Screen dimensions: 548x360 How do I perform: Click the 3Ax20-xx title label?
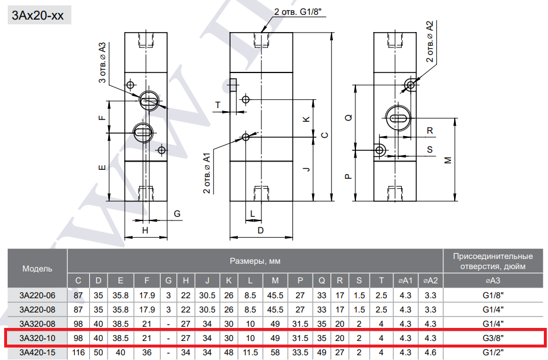(x=38, y=15)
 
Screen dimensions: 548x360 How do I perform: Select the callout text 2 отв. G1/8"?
(x=297, y=12)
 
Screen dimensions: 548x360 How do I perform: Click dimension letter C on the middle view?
(x=325, y=135)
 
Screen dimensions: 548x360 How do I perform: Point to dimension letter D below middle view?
(x=260, y=230)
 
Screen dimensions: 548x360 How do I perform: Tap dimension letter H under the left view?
(x=145, y=230)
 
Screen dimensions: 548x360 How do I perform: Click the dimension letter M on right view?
(x=448, y=160)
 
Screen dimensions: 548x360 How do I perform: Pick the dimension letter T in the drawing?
(x=218, y=105)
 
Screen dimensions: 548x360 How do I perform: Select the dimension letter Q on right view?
(x=348, y=118)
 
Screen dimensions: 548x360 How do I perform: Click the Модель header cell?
(x=37, y=269)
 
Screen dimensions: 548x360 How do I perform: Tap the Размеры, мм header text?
(x=255, y=261)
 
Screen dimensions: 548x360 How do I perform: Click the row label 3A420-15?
(x=37, y=352)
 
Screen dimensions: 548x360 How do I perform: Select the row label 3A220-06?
(x=37, y=295)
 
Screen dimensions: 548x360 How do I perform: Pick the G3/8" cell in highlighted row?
(x=493, y=338)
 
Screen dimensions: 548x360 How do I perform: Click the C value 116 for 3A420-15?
(x=78, y=352)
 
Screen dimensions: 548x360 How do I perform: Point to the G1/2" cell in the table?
(x=493, y=352)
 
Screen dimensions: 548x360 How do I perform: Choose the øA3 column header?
(x=493, y=280)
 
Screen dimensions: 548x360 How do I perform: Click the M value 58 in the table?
(x=275, y=352)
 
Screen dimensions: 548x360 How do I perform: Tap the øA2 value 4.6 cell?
(x=430, y=352)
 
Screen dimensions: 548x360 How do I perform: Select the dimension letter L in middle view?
(x=253, y=213)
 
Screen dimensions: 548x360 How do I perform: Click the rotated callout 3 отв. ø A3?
(x=102, y=62)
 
